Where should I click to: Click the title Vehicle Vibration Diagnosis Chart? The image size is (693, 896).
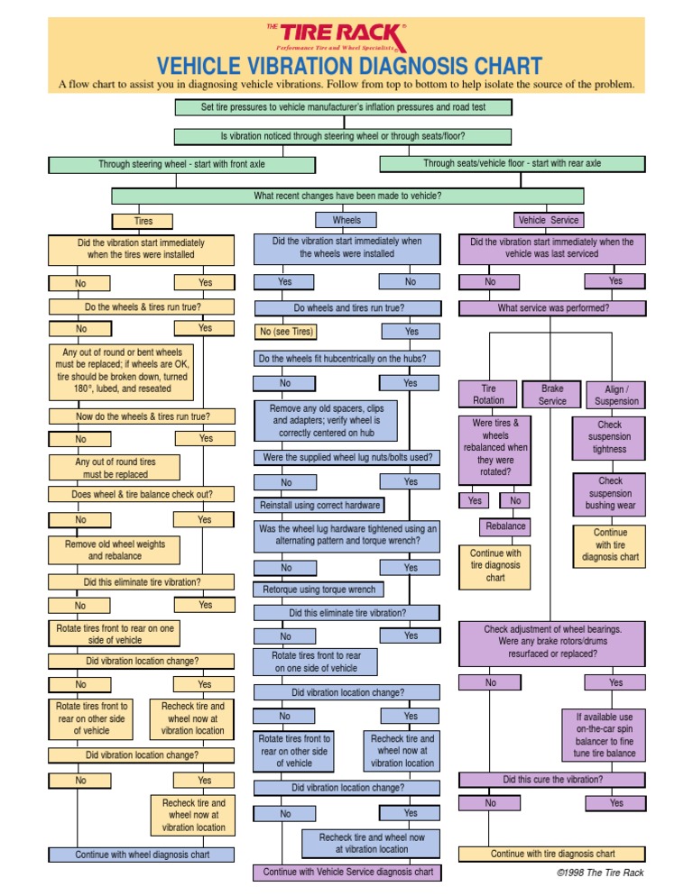(350, 66)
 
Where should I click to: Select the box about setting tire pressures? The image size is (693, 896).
(343, 107)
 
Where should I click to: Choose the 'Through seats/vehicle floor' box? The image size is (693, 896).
(512, 163)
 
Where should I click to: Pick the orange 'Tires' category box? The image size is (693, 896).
(143, 220)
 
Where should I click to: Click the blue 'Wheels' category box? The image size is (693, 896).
(346, 219)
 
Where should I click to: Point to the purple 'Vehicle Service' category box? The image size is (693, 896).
(549, 219)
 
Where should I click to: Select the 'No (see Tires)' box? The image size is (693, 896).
(287, 332)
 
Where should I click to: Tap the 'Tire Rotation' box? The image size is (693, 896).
(489, 395)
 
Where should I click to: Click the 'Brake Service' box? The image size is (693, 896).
(552, 394)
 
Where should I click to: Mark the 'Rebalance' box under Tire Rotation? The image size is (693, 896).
(505, 526)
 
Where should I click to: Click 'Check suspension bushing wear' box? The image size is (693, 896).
(610, 493)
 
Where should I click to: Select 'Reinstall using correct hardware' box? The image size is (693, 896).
(319, 505)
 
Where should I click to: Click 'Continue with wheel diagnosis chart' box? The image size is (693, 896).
(142, 855)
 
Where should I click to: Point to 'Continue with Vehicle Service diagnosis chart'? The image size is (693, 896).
(347, 872)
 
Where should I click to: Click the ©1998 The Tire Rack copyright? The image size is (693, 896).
(600, 873)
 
